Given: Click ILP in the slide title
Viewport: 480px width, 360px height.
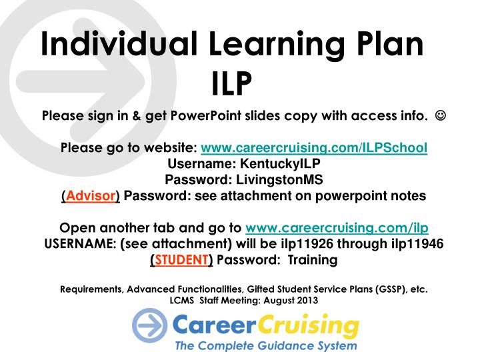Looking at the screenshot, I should pyautogui.click(x=231, y=85).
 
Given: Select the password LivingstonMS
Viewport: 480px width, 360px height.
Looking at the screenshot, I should pyautogui.click(x=275, y=180).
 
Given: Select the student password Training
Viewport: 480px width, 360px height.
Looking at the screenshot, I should pyautogui.click(x=313, y=260).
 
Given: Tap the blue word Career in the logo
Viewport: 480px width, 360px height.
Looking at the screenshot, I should pyautogui.click(x=209, y=327).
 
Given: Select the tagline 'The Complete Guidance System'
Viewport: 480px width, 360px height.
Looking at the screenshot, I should pyautogui.click(x=265, y=347).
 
